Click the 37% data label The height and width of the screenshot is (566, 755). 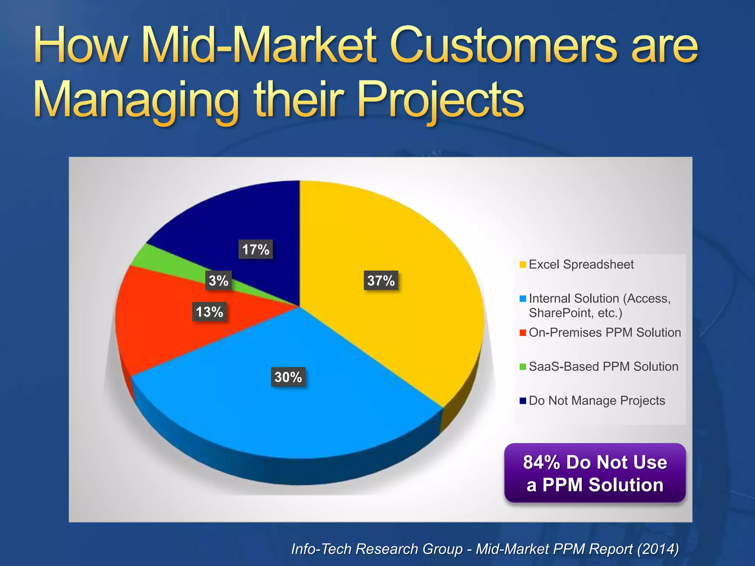(x=381, y=281)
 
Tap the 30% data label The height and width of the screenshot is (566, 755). (x=288, y=377)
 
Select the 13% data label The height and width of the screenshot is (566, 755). (x=209, y=312)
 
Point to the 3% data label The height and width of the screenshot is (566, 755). (x=218, y=281)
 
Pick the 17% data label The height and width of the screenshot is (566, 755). (x=255, y=249)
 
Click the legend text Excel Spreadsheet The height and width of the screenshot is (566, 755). (x=581, y=265)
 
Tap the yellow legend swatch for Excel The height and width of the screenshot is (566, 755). (x=522, y=265)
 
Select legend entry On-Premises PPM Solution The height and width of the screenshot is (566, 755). (x=605, y=333)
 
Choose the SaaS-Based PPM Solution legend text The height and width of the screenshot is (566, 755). (x=603, y=367)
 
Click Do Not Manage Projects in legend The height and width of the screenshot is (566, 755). (x=596, y=401)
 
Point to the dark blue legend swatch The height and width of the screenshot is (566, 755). (x=522, y=401)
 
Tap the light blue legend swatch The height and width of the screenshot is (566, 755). (x=522, y=299)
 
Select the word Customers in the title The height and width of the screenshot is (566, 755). (x=503, y=47)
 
